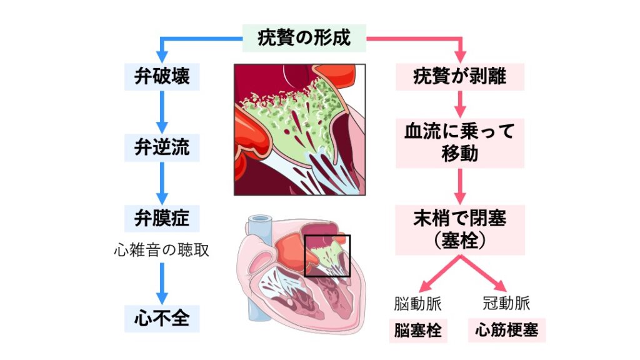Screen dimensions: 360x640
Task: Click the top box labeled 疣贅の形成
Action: pos(304,37)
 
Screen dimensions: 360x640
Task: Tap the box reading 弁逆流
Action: pos(162,148)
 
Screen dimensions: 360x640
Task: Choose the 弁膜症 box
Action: pos(162,218)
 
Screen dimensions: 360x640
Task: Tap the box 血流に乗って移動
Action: pos(460,142)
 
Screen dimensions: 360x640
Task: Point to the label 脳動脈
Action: pos(417,304)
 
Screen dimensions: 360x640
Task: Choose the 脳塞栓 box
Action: pos(417,330)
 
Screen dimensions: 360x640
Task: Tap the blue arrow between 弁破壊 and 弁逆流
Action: pos(162,112)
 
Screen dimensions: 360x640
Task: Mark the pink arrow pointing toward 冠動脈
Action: pos(486,274)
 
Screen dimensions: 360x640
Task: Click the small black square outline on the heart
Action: pos(327,256)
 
